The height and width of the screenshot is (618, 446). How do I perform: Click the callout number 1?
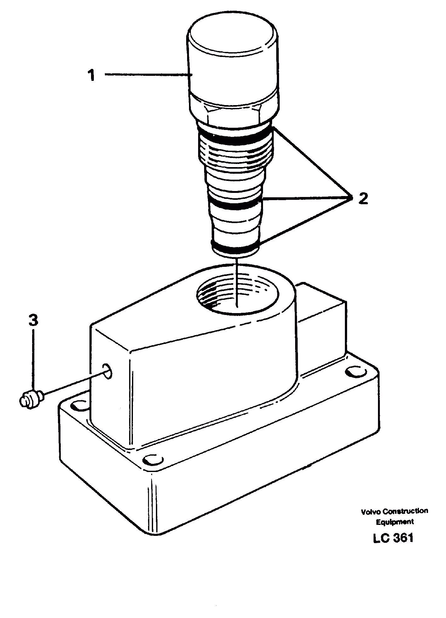[91, 76]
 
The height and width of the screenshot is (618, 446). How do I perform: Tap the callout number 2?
[363, 199]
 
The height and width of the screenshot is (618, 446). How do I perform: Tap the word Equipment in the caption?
[395, 522]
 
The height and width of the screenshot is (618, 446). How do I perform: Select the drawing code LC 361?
[393, 538]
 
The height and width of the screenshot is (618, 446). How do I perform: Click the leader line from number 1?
[148, 75]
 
